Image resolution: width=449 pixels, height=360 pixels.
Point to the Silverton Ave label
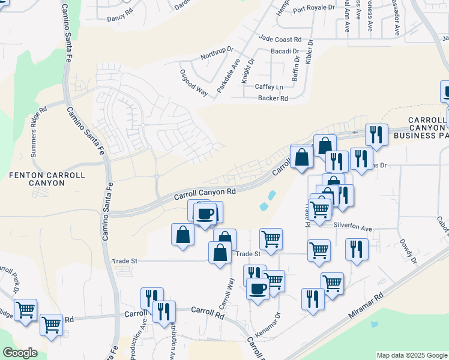353,229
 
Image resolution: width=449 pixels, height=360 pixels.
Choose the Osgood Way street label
194,82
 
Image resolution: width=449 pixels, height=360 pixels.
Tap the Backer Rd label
273,98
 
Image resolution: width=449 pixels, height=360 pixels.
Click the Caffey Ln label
268,87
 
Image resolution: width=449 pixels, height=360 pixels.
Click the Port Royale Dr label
313,8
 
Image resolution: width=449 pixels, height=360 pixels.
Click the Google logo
20,353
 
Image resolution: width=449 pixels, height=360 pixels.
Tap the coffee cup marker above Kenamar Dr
258,289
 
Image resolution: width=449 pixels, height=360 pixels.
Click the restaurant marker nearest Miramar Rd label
313,297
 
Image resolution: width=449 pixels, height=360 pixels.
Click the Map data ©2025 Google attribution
411,355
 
